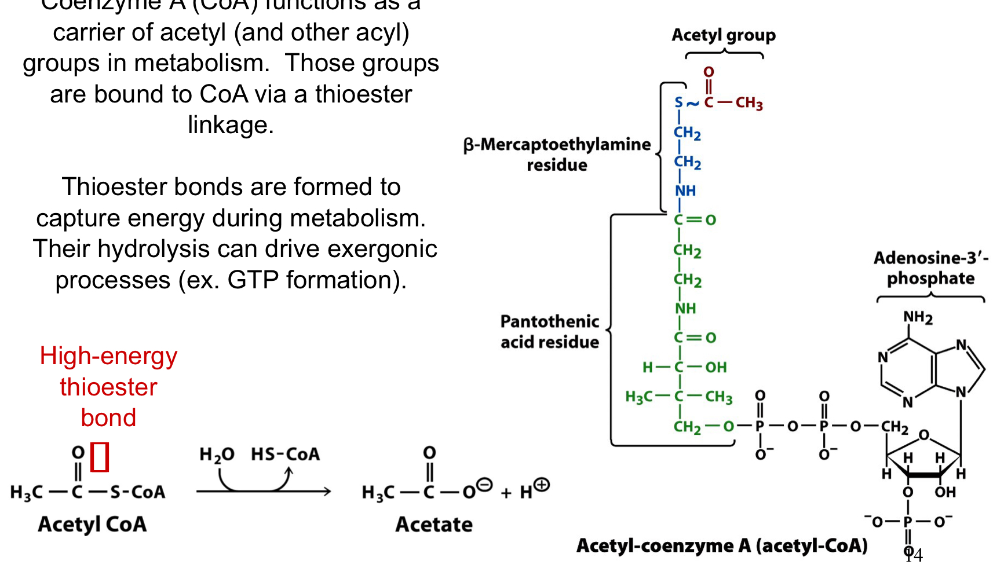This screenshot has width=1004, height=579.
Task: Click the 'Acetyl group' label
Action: pyautogui.click(x=723, y=35)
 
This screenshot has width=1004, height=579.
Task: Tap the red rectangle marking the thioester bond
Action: pyautogui.click(x=100, y=457)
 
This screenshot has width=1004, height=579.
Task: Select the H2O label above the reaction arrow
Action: pyautogui.click(x=217, y=455)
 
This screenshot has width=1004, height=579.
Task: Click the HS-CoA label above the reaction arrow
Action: pyautogui.click(x=285, y=455)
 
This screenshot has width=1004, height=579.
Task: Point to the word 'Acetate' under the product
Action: pyautogui.click(x=434, y=525)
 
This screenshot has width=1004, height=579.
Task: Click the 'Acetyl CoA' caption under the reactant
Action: pyautogui.click(x=92, y=525)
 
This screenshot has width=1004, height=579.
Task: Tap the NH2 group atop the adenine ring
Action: pyautogui.click(x=918, y=317)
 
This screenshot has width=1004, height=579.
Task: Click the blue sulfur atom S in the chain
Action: pyautogui.click(x=679, y=103)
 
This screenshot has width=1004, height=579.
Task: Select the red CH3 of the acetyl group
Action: pyautogui.click(x=749, y=104)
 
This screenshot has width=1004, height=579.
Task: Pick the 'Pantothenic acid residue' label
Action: pyautogui.click(x=549, y=332)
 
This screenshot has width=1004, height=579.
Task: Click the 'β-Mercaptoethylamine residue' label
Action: pyautogui.click(x=557, y=155)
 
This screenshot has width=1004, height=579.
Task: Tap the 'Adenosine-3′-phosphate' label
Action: pyautogui.click(x=930, y=268)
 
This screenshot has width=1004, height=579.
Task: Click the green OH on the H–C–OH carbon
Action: pyautogui.click(x=715, y=367)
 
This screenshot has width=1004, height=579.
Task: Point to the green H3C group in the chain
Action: pyautogui.click(x=638, y=397)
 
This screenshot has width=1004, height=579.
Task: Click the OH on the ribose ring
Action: pyautogui.click(x=945, y=492)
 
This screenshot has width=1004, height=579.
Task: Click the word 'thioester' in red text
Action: pyautogui.click(x=108, y=387)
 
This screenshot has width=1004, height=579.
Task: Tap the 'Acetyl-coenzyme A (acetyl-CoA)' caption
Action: pyautogui.click(x=722, y=545)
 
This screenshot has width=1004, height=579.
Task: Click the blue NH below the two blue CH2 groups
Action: pyautogui.click(x=685, y=190)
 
